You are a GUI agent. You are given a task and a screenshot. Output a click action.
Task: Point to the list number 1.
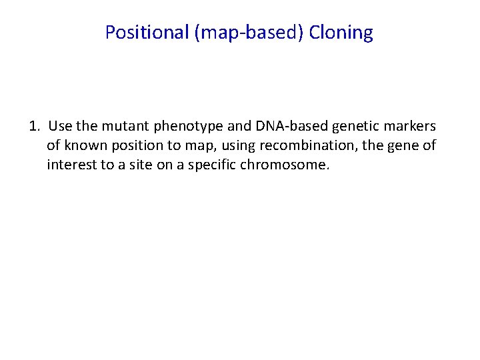pos(35,126)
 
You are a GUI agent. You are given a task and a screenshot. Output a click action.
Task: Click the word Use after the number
pos(60,126)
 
